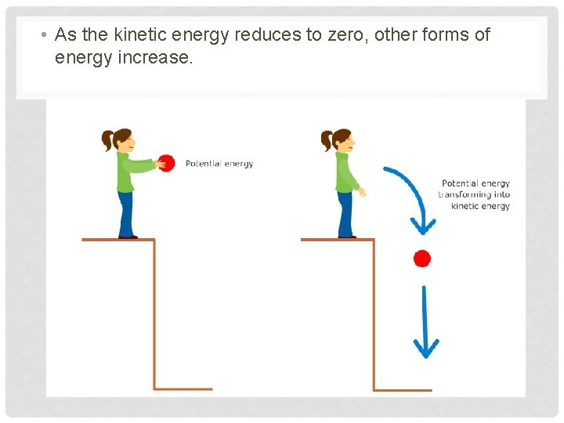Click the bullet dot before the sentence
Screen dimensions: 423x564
pyautogui.click(x=45, y=36)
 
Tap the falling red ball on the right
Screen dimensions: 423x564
pyautogui.click(x=422, y=258)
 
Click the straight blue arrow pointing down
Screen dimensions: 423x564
pyautogui.click(x=425, y=321)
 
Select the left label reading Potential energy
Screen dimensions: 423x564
pyautogui.click(x=219, y=164)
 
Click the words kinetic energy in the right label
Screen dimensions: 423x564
pyautogui.click(x=481, y=206)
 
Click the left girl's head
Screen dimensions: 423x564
pyautogui.click(x=121, y=140)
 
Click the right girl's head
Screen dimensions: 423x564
pyautogui.click(x=341, y=140)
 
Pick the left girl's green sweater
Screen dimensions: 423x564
pyautogui.click(x=127, y=172)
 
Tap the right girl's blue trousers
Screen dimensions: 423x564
pyautogui.click(x=345, y=213)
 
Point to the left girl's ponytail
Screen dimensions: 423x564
pyautogui.click(x=107, y=142)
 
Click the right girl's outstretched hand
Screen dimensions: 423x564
pyautogui.click(x=361, y=191)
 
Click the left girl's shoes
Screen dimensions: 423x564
pyautogui.click(x=128, y=236)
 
